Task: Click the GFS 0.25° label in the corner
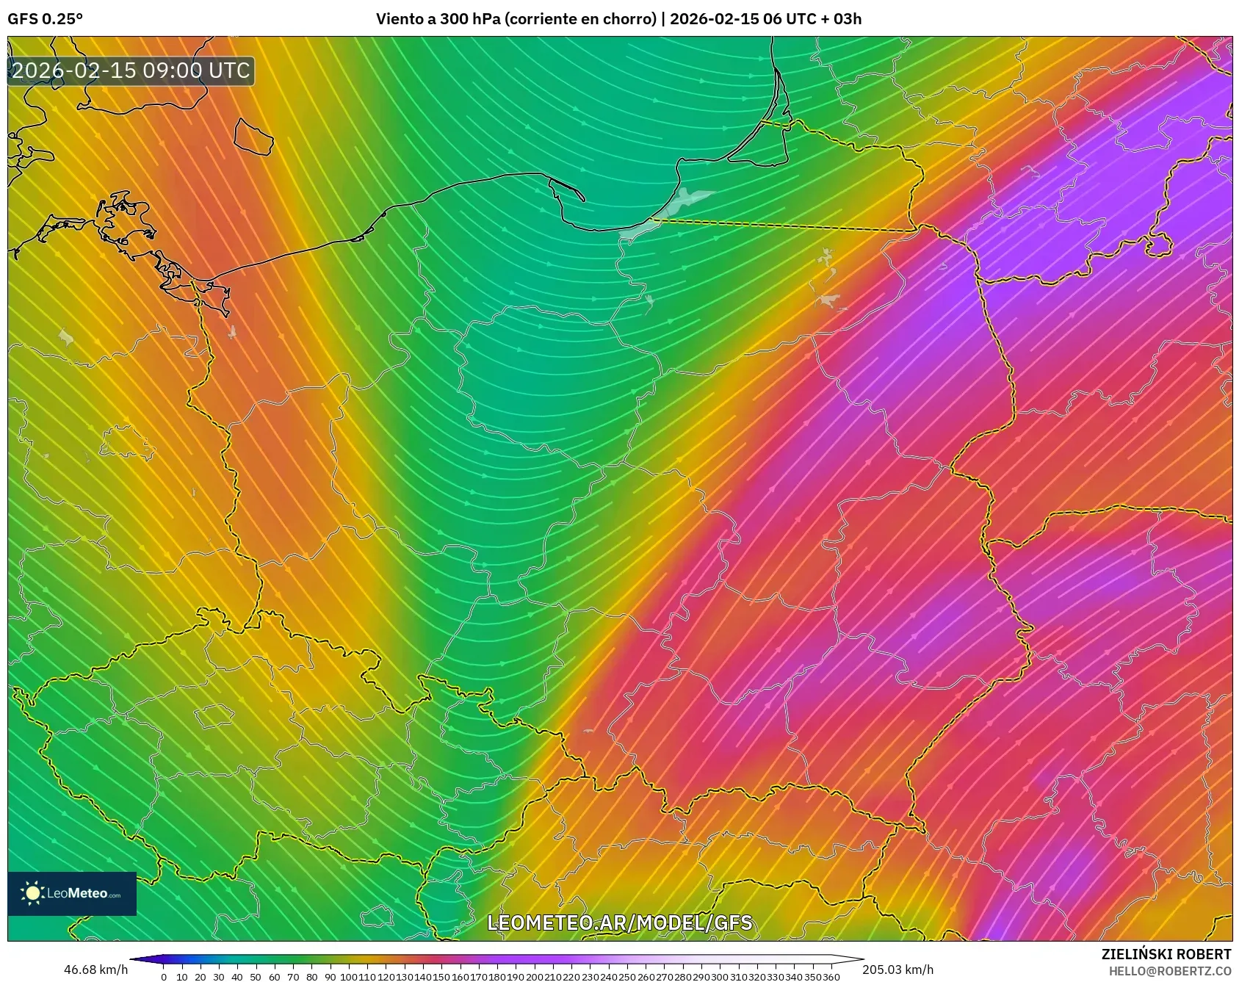coord(45,19)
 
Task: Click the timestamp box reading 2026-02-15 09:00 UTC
coord(131,71)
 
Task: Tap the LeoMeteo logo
coord(72,893)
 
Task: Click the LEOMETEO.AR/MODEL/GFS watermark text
coord(620,923)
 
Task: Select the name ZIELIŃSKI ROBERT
coord(1166,954)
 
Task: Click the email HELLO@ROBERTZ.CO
coord(1169,971)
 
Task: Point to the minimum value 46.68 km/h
coord(95,970)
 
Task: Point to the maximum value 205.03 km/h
coord(897,970)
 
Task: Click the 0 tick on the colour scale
coord(163,977)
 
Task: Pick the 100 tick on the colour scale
coord(348,977)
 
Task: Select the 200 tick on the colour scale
coord(534,977)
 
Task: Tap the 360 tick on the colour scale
coord(831,977)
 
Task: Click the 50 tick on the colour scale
coord(256,977)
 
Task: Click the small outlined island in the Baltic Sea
coord(253,137)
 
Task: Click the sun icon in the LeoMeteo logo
coord(33,893)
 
